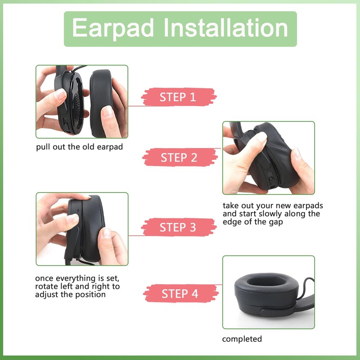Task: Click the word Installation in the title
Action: (226, 28)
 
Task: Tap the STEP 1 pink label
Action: (179, 97)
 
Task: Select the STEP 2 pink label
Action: (179, 157)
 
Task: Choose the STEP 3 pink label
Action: (179, 227)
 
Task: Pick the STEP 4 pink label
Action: (180, 294)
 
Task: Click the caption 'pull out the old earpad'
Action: (79, 147)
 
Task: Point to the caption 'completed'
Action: (242, 339)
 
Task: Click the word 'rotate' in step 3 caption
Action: (48, 287)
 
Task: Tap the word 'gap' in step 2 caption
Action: (275, 222)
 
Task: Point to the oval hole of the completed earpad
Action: (265, 283)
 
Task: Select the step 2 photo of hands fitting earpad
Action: (268, 157)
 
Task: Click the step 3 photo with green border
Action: (82, 229)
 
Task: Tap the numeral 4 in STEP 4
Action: (194, 294)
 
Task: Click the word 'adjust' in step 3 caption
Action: (48, 295)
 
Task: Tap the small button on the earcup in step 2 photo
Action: (272, 180)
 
